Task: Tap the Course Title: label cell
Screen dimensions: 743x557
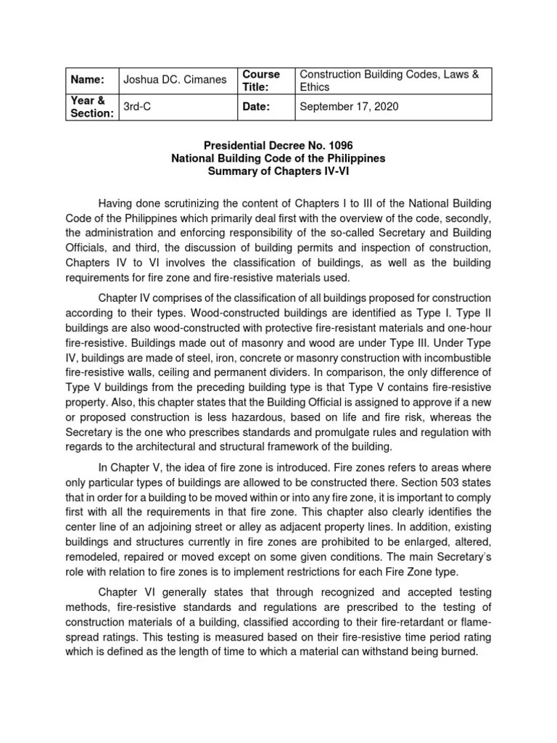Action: pyautogui.click(x=261, y=80)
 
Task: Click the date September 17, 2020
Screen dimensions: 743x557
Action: pyautogui.click(x=349, y=107)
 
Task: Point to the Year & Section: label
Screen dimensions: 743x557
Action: pyautogui.click(x=91, y=107)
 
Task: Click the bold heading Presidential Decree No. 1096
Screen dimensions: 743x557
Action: pyautogui.click(x=278, y=145)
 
